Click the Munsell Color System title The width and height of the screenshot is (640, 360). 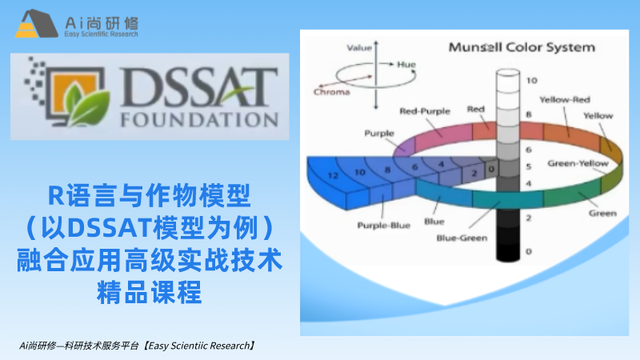(522, 47)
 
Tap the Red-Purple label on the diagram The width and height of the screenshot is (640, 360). (425, 111)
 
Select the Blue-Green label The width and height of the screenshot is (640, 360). (462, 238)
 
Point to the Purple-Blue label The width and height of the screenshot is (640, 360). (383, 226)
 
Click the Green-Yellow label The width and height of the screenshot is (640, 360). (578, 163)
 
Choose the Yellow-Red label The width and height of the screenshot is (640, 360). (565, 99)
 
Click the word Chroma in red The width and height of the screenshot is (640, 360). (331, 92)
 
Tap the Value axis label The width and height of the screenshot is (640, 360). (359, 48)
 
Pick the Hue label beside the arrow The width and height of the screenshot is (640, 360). (406, 65)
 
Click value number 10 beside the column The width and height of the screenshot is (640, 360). (531, 81)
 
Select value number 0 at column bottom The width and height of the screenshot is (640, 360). (529, 251)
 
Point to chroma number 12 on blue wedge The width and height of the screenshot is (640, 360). (333, 175)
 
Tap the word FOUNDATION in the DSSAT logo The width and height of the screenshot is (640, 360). (199, 119)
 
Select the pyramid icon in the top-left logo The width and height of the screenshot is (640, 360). (36, 24)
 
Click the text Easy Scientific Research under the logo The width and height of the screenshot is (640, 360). (101, 34)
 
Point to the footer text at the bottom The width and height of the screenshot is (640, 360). (138, 346)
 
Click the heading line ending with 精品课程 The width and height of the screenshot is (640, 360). (150, 292)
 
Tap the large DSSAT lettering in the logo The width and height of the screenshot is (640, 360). (199, 87)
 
